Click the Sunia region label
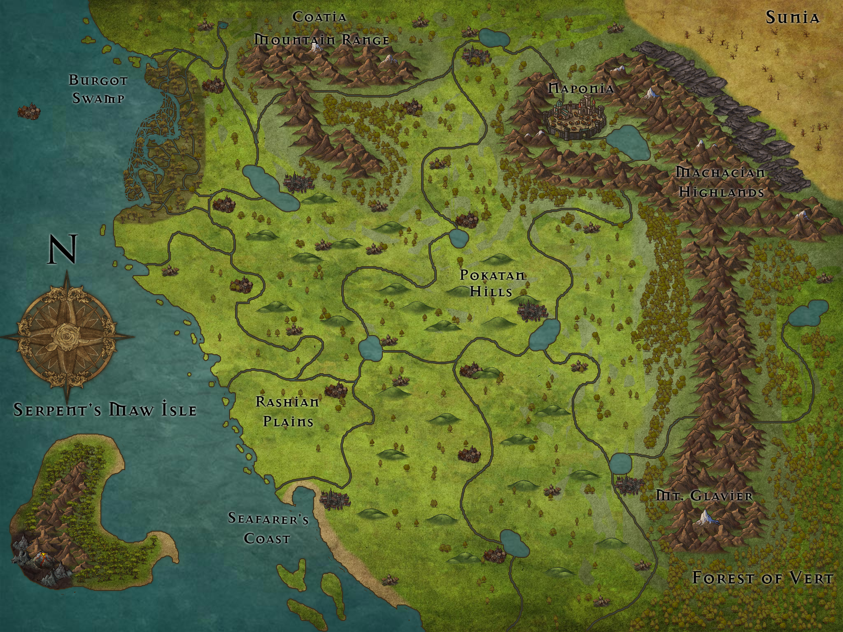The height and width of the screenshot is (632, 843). click(x=792, y=18)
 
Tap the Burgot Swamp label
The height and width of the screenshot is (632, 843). click(x=98, y=89)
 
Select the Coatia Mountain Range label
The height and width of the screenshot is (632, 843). click(x=321, y=29)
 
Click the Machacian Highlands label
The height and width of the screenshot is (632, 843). click(x=721, y=182)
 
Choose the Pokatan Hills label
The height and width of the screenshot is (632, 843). click(x=492, y=283)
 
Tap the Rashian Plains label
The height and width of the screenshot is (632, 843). click(x=287, y=411)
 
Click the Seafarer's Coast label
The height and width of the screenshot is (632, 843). click(x=268, y=528)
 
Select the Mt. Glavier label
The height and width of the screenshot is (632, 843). click(x=704, y=496)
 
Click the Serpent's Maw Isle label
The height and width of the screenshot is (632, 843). click(x=105, y=410)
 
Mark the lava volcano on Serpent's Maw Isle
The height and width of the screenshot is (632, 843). click(x=40, y=558)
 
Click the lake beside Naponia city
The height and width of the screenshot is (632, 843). click(x=628, y=142)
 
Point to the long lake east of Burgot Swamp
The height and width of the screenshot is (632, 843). click(x=270, y=187)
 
